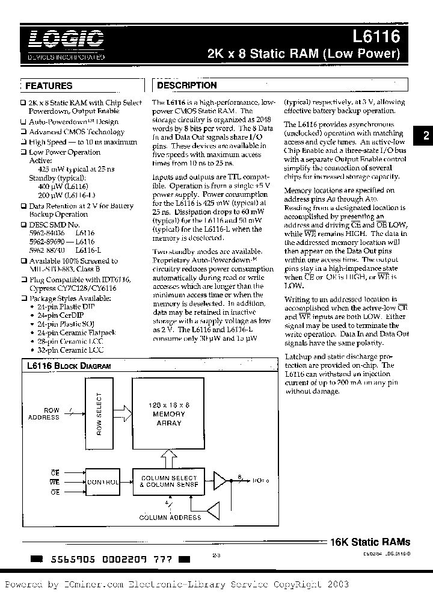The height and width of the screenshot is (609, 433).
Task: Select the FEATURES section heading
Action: [49, 86]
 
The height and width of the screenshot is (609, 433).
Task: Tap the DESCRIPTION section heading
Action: [186, 85]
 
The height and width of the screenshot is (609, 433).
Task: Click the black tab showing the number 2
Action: [425, 136]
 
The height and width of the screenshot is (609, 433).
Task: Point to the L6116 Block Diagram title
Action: [69, 365]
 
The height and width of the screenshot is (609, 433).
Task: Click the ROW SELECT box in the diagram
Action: [99, 413]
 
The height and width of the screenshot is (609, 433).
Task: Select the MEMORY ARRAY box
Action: [168, 414]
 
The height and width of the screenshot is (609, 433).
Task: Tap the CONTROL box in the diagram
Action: [103, 482]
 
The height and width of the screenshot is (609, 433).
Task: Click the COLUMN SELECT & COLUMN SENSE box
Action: [168, 481]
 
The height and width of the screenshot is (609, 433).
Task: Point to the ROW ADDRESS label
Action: [51, 414]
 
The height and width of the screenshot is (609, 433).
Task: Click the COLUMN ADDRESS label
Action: [170, 517]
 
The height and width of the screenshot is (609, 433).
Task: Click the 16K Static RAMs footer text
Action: [370, 542]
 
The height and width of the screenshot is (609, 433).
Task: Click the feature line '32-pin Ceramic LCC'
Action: [66, 349]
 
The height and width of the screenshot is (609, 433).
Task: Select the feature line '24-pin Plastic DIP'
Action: [65, 306]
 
